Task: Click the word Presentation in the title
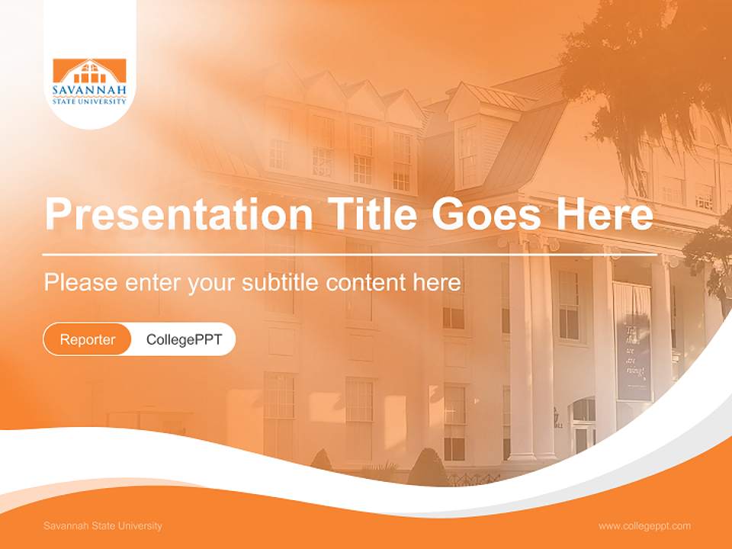tap(178, 213)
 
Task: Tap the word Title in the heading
tap(372, 213)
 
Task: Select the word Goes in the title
tap(486, 213)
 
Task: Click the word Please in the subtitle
tap(81, 283)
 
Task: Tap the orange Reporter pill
tap(87, 339)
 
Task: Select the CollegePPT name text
tap(185, 339)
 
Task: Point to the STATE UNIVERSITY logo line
tap(89, 101)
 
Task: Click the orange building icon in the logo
tap(89, 70)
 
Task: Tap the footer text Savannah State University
tap(103, 525)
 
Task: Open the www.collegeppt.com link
tap(644, 526)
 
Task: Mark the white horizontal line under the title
tap(350, 255)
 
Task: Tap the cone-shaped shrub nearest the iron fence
tap(427, 467)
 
